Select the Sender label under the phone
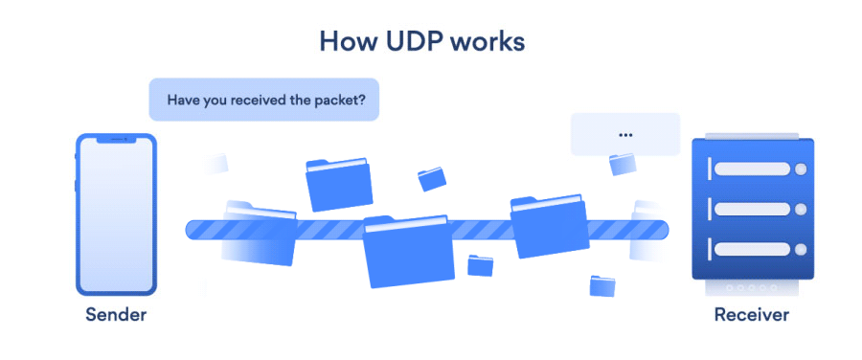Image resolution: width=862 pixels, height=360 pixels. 117,314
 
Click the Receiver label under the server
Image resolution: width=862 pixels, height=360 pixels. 752,314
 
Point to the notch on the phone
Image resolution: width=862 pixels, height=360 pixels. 117,140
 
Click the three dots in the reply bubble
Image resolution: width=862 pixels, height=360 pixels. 625,135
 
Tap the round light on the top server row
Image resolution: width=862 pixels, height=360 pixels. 801,169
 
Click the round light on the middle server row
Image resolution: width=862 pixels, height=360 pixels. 801,209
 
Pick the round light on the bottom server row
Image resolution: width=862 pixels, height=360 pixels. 801,249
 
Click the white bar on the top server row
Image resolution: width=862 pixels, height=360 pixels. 752,169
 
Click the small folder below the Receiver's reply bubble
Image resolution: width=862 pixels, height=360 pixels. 623,164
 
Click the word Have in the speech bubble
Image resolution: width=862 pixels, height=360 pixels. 183,99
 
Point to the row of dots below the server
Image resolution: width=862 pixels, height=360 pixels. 752,287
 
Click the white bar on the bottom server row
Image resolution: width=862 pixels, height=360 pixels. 752,249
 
